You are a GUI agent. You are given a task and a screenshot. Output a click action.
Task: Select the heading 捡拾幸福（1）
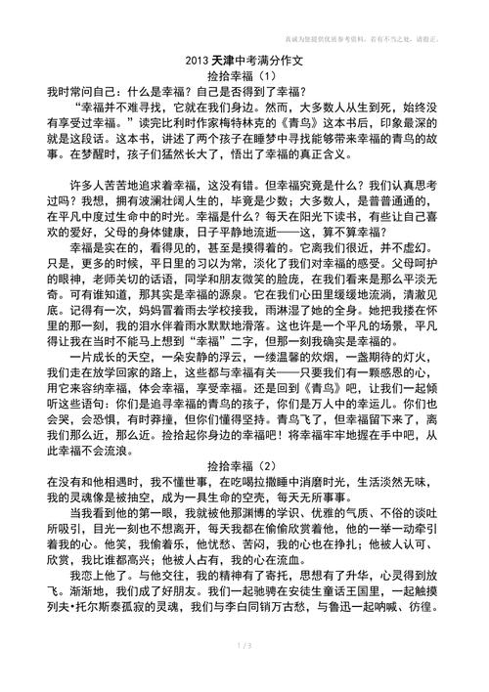(244, 74)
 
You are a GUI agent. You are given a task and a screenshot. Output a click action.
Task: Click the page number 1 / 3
(244, 672)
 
